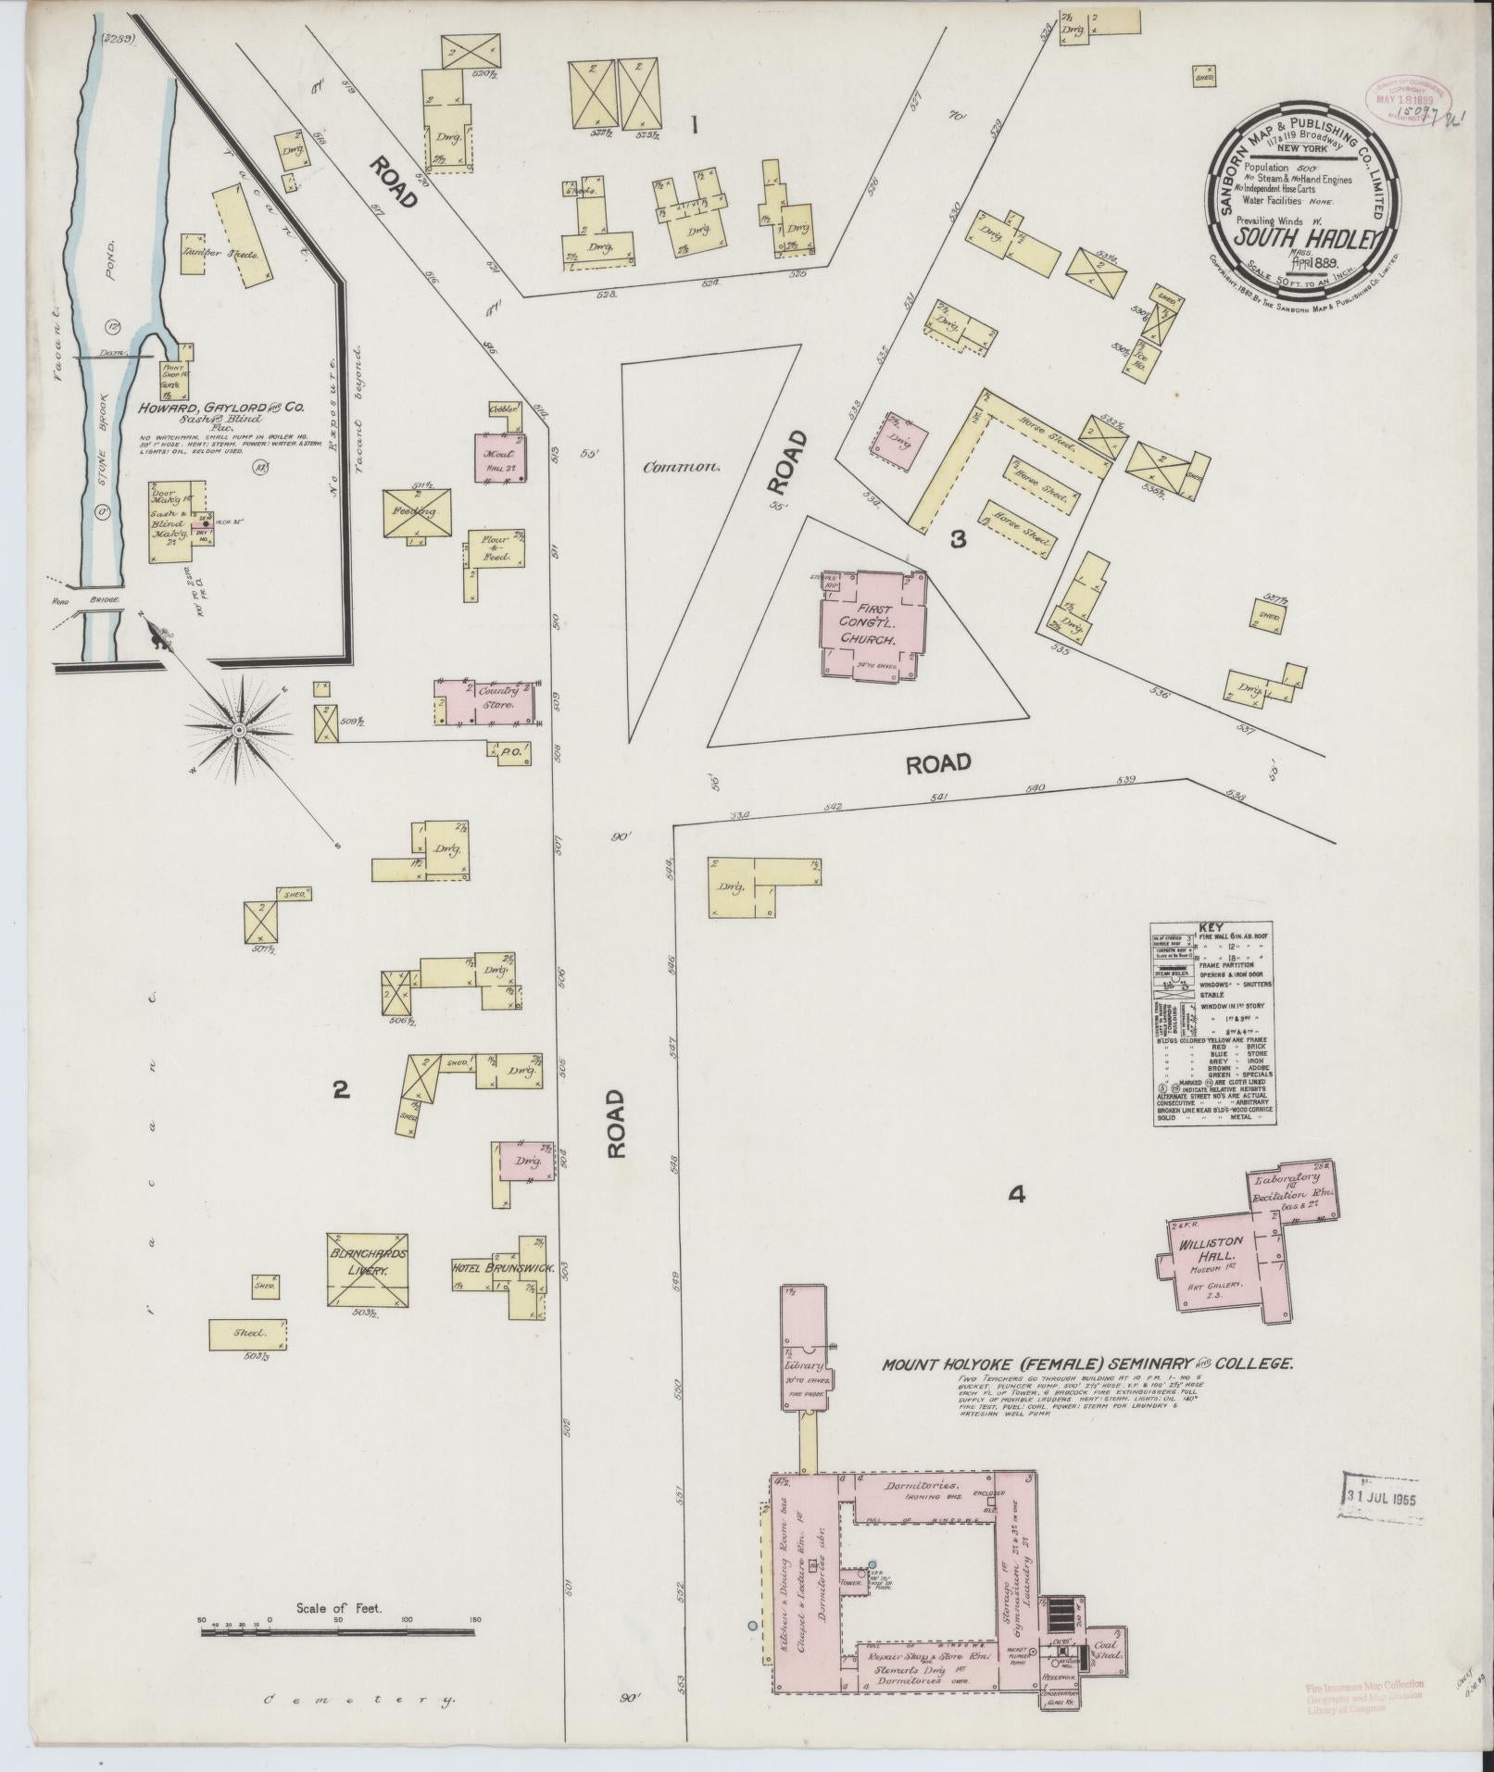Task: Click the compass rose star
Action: click(x=239, y=731)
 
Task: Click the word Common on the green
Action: click(x=683, y=467)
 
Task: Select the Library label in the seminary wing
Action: click(x=802, y=1366)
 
